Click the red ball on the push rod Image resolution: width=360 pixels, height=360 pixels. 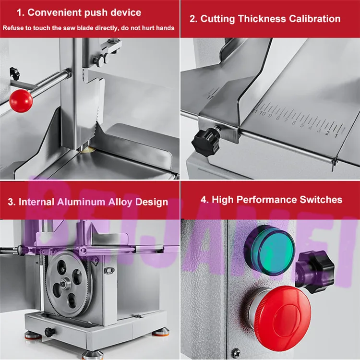[x=21, y=101]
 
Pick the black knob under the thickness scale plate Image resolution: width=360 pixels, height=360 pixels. [x=206, y=143]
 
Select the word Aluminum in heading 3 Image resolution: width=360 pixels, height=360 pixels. [x=81, y=202]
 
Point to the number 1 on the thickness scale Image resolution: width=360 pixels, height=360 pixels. [x=336, y=135]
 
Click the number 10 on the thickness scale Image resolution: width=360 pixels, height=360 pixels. [x=263, y=113]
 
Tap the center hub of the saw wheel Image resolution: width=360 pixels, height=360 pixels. [x=63, y=284]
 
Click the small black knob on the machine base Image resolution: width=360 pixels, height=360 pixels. [x=49, y=332]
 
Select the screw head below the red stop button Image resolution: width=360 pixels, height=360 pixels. [x=235, y=353]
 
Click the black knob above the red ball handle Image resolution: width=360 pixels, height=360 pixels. [x=15, y=73]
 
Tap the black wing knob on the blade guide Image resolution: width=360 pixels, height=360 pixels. [x=100, y=60]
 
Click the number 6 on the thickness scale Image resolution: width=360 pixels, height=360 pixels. [x=294, y=123]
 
